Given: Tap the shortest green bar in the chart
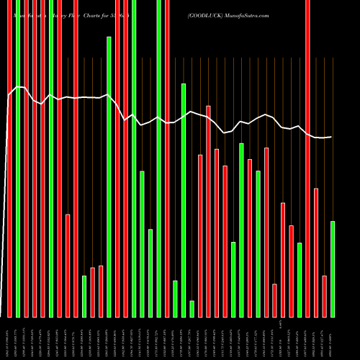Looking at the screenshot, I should [x=192, y=309].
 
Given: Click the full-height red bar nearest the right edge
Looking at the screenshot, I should [x=308, y=158].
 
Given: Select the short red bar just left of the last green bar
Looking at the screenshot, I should [x=325, y=296].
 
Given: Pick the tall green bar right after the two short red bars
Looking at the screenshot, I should [x=109, y=176].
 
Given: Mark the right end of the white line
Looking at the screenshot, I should [x=332, y=137].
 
